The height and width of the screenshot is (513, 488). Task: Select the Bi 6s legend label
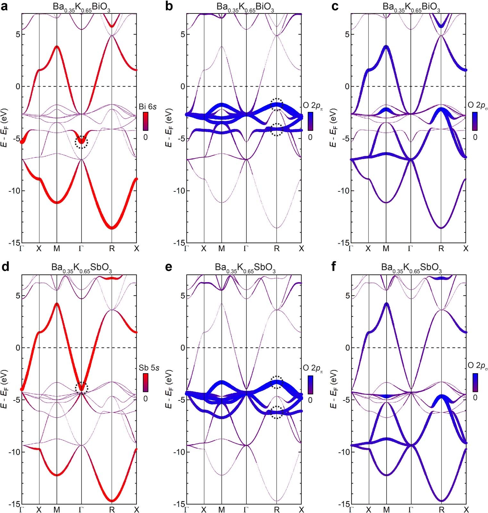(147, 106)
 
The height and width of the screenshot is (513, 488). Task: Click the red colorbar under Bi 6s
(146, 121)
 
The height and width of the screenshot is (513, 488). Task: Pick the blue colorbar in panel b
(310, 121)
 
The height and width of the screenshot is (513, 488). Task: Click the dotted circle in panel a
(81, 142)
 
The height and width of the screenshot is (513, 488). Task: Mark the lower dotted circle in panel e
(276, 412)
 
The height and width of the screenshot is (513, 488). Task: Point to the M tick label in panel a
(57, 248)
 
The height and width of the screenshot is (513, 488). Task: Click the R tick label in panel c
(441, 248)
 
